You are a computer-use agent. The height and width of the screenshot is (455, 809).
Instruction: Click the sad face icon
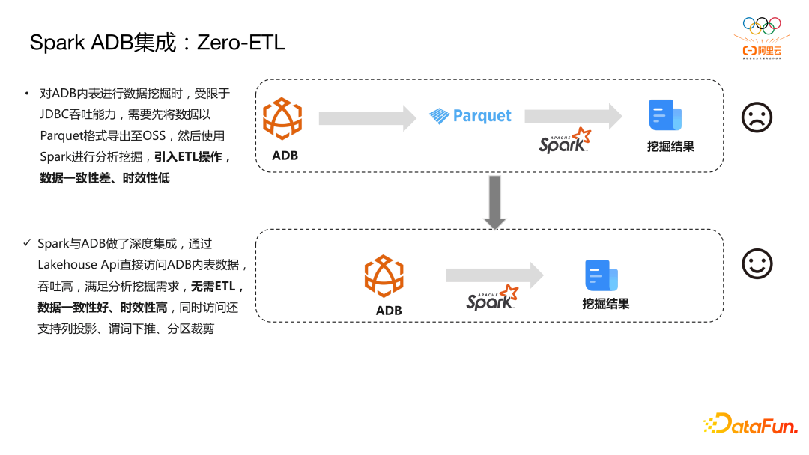pyautogui.click(x=757, y=117)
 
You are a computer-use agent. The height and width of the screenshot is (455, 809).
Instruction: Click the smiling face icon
pyautogui.click(x=757, y=263)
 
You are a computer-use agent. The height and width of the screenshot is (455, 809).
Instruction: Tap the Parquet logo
pyautogui.click(x=470, y=116)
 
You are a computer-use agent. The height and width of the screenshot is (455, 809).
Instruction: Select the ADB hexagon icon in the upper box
pyautogui.click(x=282, y=119)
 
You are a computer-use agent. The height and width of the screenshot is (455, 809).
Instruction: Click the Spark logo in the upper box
pyautogui.click(x=565, y=141)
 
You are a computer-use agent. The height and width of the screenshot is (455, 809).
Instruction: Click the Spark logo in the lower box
pyautogui.click(x=492, y=297)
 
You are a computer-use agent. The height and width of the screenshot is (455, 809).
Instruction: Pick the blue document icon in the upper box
pyautogui.click(x=664, y=115)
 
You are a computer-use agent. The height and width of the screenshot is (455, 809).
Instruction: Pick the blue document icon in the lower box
pyautogui.click(x=601, y=275)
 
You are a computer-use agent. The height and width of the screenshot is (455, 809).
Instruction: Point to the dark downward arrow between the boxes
pyautogui.click(x=494, y=202)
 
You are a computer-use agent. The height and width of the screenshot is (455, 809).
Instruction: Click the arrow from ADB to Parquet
pyautogui.click(x=366, y=117)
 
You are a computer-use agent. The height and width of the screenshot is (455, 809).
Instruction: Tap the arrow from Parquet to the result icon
pyautogui.click(x=573, y=116)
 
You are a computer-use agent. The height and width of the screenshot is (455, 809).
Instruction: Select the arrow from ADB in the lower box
pyautogui.click(x=494, y=275)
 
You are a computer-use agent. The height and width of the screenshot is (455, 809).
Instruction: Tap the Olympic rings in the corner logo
pyautogui.click(x=761, y=25)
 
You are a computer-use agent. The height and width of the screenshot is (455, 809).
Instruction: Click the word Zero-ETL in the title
pyautogui.click(x=240, y=43)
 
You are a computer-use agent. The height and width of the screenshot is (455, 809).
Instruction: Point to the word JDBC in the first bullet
pyautogui.click(x=55, y=114)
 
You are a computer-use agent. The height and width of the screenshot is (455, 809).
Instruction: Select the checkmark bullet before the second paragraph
pyautogui.click(x=27, y=244)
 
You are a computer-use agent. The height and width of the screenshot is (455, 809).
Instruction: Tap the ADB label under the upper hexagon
pyautogui.click(x=285, y=156)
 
